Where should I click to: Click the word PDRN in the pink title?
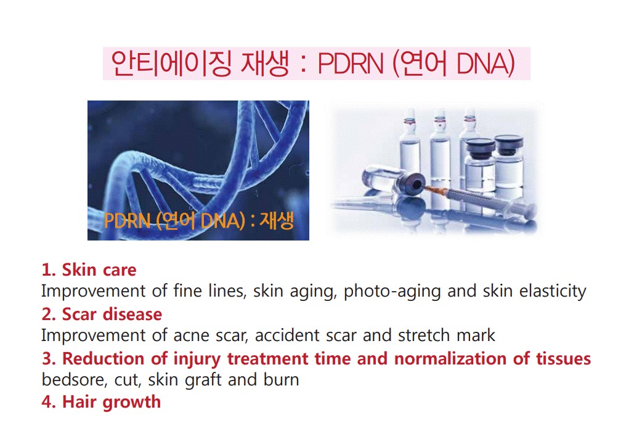(351, 64)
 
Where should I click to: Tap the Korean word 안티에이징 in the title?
(171, 64)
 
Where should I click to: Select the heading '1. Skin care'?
(89, 269)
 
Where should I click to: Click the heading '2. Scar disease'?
(102, 314)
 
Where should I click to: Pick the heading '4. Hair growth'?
(101, 402)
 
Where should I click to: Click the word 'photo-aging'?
(392, 292)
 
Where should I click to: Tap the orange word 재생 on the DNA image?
(277, 221)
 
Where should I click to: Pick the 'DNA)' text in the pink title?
(486, 64)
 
